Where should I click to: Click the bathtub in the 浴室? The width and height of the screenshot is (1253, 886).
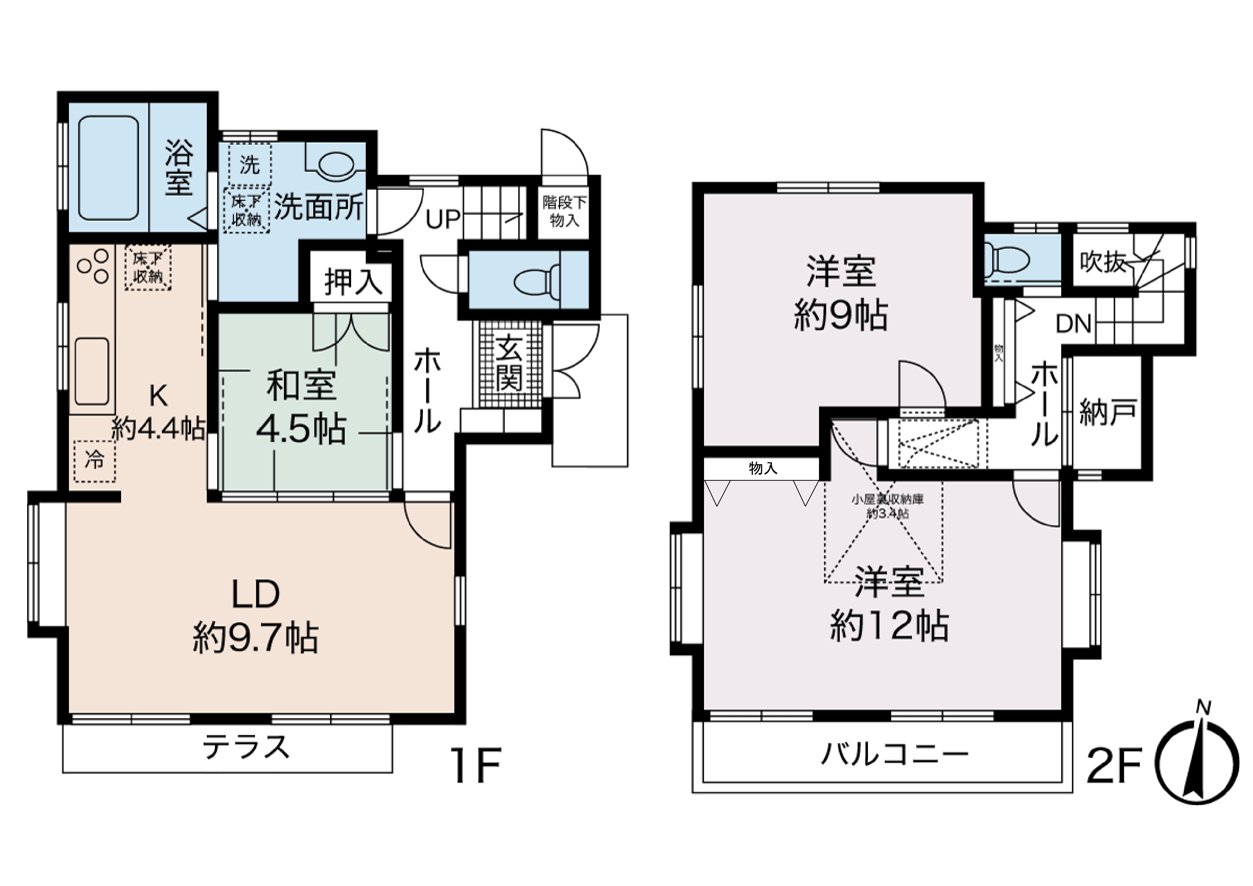(x=108, y=167)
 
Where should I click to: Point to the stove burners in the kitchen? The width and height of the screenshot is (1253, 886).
(x=93, y=266)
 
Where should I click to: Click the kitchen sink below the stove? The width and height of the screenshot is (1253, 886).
(x=92, y=371)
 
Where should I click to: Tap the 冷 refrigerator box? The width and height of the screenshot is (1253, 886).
(x=94, y=461)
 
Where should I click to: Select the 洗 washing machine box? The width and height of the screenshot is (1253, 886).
(x=249, y=164)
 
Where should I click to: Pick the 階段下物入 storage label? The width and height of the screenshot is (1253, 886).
(x=564, y=212)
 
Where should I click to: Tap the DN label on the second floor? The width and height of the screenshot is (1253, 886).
(x=1073, y=324)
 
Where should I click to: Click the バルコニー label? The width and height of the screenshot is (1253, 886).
(x=895, y=755)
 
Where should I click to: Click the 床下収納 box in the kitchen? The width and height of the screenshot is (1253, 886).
(x=148, y=267)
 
